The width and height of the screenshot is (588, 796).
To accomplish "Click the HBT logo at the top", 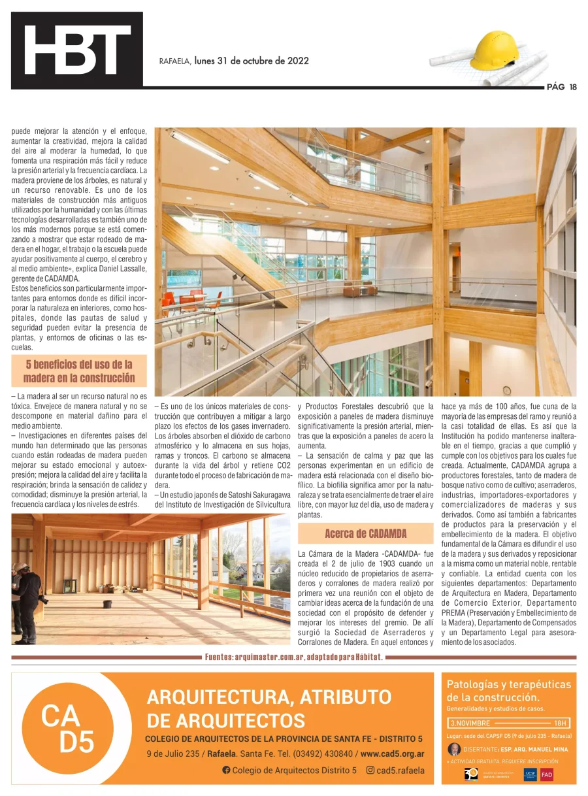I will pyautogui.click(x=76, y=50).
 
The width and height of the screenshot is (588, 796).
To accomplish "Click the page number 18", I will pyautogui.click(x=573, y=87).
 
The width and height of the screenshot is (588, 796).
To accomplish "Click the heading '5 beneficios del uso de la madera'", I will pyautogui.click(x=79, y=371).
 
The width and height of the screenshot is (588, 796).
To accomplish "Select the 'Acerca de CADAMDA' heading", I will pyautogui.click(x=365, y=533).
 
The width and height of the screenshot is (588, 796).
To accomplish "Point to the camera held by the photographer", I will pyautogui.click(x=43, y=598).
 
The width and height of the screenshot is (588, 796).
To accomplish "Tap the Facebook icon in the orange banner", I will pyautogui.click(x=226, y=770).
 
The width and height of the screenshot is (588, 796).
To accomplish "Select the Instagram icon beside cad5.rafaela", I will pyautogui.click(x=370, y=770).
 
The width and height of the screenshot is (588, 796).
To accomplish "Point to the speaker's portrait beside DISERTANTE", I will pyautogui.click(x=454, y=749).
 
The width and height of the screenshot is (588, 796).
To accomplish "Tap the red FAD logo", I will pyautogui.click(x=546, y=774).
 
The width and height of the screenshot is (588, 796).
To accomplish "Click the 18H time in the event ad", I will pyautogui.click(x=560, y=723).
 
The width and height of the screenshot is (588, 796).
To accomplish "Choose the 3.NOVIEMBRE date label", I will pyautogui.click(x=470, y=723).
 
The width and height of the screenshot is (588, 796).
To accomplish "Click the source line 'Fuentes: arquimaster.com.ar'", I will pyautogui.click(x=293, y=657).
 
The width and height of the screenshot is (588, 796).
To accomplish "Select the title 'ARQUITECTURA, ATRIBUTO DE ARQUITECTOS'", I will pyautogui.click(x=269, y=708).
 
